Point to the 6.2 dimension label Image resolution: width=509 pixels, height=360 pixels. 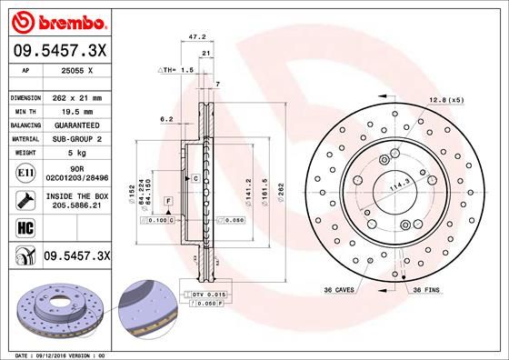coord(165,119)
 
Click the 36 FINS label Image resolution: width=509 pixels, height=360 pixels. coord(428,289)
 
